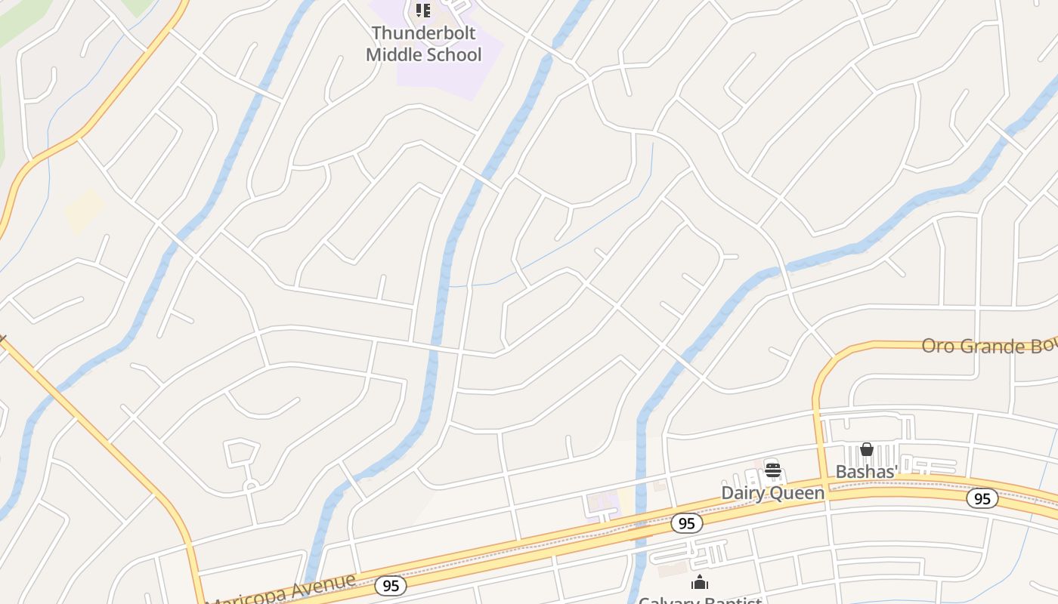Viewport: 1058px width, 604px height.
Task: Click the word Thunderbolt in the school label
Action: tap(423, 34)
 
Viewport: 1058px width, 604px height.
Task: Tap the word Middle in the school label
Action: tap(395, 54)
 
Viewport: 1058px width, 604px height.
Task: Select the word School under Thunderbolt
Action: tap(453, 54)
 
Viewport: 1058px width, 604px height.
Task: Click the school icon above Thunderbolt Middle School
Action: tap(423, 11)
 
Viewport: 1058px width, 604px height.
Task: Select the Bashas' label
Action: tap(867, 472)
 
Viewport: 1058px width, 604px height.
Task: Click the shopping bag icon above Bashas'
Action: tap(867, 450)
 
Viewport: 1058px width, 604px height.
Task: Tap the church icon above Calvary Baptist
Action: tap(700, 582)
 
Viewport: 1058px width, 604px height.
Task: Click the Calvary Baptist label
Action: tap(700, 600)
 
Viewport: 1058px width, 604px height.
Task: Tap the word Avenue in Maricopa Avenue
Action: tap(326, 584)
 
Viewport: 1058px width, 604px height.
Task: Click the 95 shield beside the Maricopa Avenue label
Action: tap(390, 585)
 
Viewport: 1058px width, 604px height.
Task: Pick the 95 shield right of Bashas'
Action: tap(982, 498)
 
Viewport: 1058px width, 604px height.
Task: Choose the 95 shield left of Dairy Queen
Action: tap(686, 523)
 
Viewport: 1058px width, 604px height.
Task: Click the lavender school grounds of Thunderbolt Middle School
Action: tap(453, 79)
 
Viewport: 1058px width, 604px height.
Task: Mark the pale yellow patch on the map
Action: tap(83, 211)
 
